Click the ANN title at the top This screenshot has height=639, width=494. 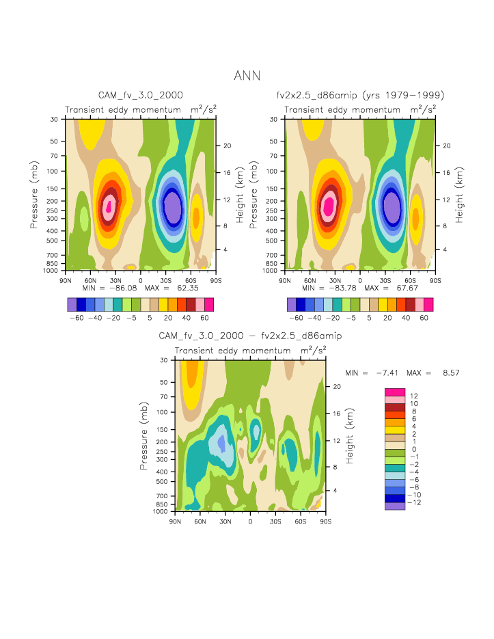click(x=247, y=75)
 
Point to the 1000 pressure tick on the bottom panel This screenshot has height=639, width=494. click(x=162, y=511)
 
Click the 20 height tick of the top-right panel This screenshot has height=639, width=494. click(x=444, y=146)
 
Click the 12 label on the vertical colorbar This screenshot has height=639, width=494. click(x=415, y=396)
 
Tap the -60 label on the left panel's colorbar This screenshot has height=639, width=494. click(x=77, y=318)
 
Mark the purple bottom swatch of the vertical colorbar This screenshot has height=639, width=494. click(x=395, y=506)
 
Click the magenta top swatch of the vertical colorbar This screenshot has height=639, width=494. click(x=395, y=392)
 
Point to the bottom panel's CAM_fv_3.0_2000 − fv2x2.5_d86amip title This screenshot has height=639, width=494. click(x=250, y=336)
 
